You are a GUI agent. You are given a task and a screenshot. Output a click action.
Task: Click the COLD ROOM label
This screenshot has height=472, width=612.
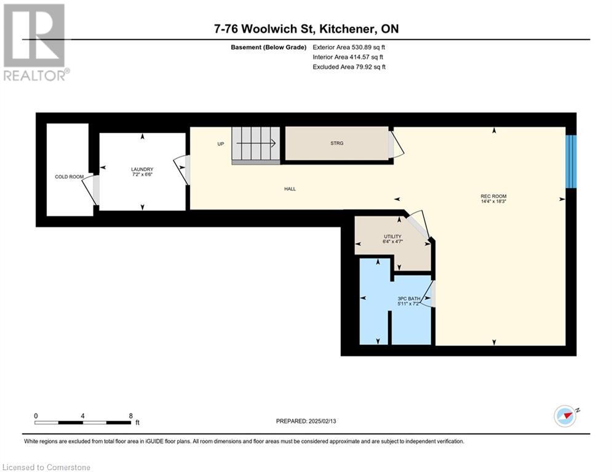[x=69, y=177]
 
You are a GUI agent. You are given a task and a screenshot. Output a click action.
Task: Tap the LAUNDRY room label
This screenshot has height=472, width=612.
[x=142, y=169]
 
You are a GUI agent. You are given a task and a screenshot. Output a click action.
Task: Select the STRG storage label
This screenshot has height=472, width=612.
[x=337, y=143]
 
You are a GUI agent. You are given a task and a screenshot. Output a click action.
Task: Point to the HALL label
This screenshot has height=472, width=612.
[x=290, y=189]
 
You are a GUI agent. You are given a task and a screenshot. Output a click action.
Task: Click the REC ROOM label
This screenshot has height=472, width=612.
[x=493, y=196]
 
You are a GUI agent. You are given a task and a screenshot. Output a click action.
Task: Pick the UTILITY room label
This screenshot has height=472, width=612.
[x=392, y=237]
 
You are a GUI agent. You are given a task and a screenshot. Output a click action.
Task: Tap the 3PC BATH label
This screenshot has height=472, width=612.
[x=409, y=299]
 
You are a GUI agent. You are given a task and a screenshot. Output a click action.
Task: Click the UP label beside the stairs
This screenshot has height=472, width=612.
[x=221, y=144]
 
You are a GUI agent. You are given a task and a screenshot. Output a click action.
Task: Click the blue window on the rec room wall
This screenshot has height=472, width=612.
[x=571, y=162]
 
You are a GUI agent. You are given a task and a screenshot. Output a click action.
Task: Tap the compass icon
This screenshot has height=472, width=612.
[x=565, y=416]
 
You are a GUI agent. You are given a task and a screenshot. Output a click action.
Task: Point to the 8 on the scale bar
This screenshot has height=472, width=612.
[x=131, y=416]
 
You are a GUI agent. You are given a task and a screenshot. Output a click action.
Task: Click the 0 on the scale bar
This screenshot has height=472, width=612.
[x=36, y=416]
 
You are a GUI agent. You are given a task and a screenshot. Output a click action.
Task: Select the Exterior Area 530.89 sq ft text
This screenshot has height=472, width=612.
[x=349, y=47]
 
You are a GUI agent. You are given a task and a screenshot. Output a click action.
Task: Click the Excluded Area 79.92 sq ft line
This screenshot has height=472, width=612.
[x=349, y=67]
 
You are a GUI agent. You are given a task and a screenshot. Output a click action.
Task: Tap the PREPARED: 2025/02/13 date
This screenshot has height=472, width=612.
[x=306, y=421]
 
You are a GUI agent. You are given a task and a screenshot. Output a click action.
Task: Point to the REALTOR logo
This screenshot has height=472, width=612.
[x=36, y=42]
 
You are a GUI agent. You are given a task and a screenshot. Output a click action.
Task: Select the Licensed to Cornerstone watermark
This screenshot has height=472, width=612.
[x=47, y=467]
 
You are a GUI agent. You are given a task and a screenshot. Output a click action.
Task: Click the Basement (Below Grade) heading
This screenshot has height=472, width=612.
[x=269, y=47]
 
